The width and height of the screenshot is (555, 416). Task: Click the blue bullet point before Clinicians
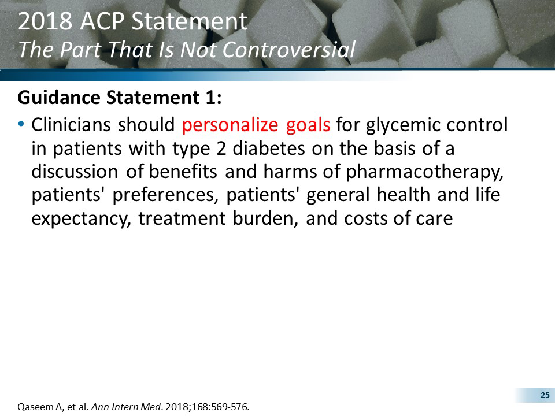pos(22,124)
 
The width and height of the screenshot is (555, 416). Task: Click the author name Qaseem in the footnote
pos(35,407)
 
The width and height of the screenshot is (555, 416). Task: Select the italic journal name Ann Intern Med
pos(117,407)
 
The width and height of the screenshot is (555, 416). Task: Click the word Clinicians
pos(72,125)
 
